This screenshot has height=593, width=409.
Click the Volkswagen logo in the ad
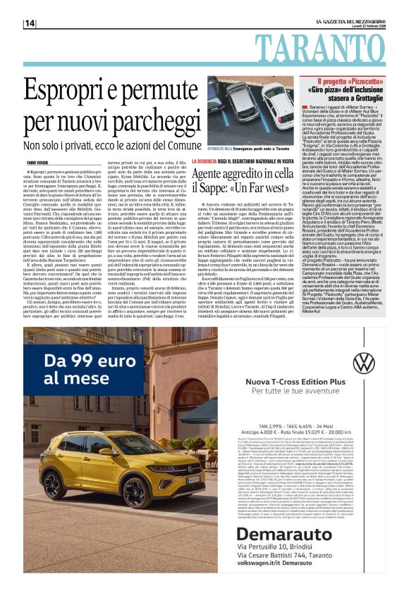coord(365,363)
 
